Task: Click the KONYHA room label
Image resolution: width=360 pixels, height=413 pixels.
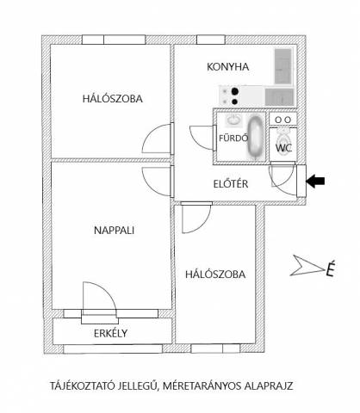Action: pos(227,67)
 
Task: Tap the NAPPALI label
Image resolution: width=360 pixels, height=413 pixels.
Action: pos(114,231)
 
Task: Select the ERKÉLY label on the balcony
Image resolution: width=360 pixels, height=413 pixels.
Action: pos(110,333)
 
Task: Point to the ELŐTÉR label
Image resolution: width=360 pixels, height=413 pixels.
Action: pos(231,183)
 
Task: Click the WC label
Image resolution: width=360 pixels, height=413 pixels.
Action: pos(283,148)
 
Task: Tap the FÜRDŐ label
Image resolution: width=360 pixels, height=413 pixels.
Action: pos(233,138)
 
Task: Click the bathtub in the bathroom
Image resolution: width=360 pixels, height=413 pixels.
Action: pos(255,137)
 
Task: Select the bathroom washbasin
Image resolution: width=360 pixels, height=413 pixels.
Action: pos(233,120)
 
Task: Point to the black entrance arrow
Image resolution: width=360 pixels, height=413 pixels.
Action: pos(315,181)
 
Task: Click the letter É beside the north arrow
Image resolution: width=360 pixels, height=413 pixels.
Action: pos(330,268)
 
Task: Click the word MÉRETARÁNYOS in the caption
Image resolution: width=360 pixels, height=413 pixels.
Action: pos(202,385)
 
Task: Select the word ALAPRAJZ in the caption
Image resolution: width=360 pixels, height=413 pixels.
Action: pos(269,385)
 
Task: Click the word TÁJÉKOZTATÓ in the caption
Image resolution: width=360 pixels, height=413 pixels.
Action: pos(83,385)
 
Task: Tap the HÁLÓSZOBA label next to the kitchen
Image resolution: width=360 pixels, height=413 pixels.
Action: pos(113,99)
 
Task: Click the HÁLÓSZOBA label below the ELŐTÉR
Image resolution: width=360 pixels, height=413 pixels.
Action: pos(215,274)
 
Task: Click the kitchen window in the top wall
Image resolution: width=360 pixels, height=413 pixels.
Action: pos(211,40)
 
